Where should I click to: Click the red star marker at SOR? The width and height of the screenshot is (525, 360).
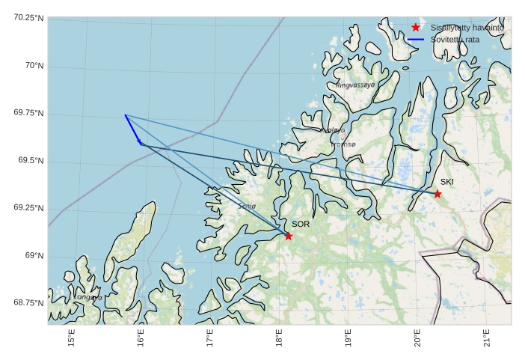coord(288,236)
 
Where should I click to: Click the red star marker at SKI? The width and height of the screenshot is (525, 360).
coord(437,194)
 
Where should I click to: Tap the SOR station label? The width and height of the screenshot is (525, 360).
coord(300,224)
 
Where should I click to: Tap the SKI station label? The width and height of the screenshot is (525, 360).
coord(446,182)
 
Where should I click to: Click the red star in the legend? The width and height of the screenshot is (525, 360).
coord(416,27)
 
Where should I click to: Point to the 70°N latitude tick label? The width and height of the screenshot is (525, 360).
coord(34,66)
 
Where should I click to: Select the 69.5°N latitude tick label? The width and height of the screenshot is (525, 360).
coord(31,161)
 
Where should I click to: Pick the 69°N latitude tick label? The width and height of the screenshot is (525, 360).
coord(34,256)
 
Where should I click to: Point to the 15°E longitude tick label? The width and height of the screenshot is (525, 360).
coord(72,338)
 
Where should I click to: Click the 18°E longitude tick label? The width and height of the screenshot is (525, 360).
coord(279,338)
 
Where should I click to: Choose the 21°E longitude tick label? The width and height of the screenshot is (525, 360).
coord(487,338)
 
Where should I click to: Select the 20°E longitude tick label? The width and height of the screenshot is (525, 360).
coord(417,338)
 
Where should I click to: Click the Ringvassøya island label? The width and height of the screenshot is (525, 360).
coord(355,85)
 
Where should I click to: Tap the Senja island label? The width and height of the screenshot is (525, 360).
coord(247,206)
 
